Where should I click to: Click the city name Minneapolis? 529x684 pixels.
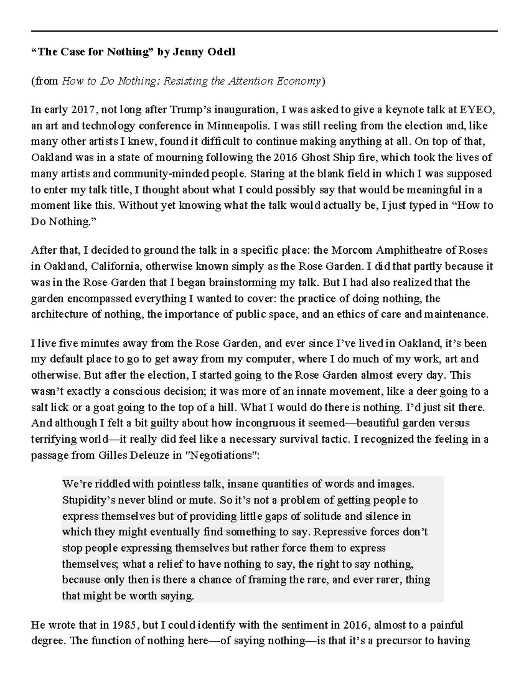click(236, 126)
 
